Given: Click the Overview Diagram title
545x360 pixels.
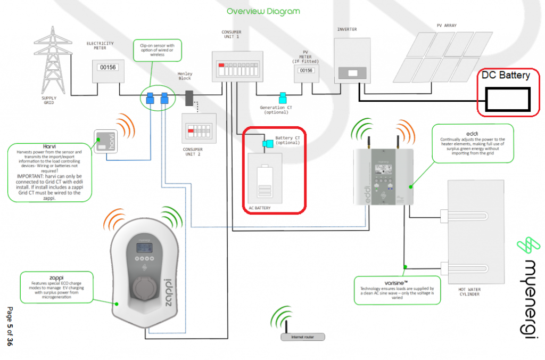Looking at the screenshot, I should [263, 11].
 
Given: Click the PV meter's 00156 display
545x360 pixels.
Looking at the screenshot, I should [306, 70].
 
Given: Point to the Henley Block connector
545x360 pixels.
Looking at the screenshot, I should [189, 98].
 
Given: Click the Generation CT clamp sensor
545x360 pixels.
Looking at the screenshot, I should [283, 98].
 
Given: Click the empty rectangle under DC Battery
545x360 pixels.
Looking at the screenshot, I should [508, 100].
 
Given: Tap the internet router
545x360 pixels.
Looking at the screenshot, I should [302, 337].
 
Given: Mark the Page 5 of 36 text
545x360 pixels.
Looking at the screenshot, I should [9, 326].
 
